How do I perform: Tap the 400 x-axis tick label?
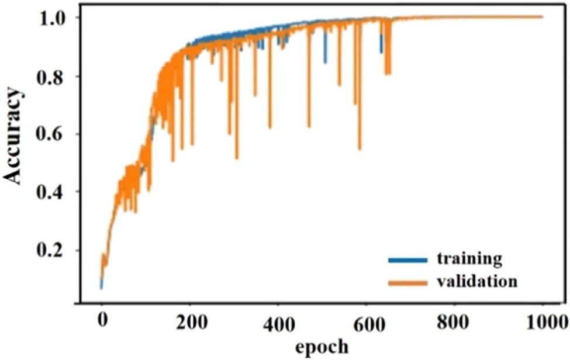[x=279, y=322]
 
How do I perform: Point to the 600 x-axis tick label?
[x=367, y=322]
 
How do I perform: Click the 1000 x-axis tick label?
[x=543, y=322]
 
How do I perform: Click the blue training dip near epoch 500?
[x=325, y=61]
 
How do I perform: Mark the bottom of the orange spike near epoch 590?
[x=360, y=149]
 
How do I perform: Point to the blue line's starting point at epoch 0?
[x=101, y=287]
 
